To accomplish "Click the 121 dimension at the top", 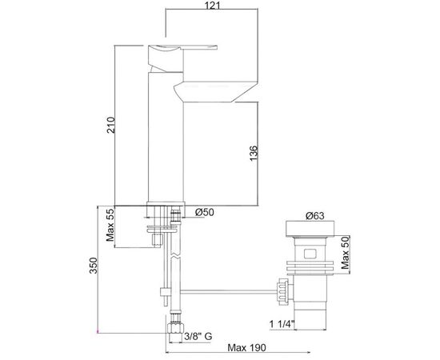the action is click(213, 5).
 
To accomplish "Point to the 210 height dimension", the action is click(111, 125).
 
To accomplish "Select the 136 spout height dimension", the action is click(254, 154).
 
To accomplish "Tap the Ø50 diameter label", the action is click(205, 213).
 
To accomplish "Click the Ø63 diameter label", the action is click(315, 216).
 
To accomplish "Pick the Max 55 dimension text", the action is click(110, 225).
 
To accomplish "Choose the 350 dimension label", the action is click(93, 265).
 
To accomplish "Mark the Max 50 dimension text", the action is click(345, 253).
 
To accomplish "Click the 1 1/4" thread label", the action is click(282, 324).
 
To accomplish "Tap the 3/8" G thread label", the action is click(198, 336).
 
